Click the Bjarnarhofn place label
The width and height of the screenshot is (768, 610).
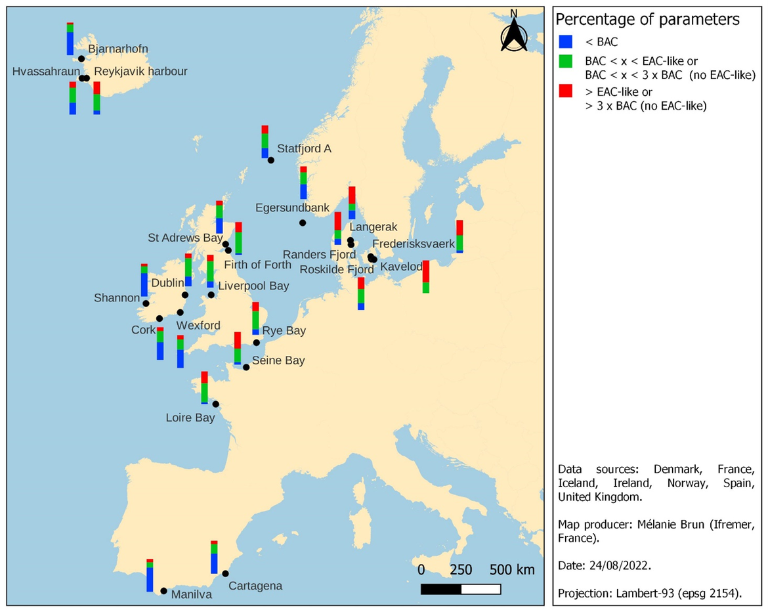[x=117, y=49]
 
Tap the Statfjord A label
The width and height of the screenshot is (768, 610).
[x=304, y=148]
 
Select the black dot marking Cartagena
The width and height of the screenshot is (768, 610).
[x=225, y=573]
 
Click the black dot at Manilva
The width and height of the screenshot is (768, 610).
[x=163, y=591]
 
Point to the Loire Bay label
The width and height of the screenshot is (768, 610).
[x=190, y=418]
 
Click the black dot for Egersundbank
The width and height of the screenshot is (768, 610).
[x=302, y=223]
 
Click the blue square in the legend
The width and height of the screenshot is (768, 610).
[x=565, y=41]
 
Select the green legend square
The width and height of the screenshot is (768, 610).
[x=565, y=61]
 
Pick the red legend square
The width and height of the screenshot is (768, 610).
[x=565, y=91]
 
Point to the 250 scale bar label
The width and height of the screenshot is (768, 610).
[x=461, y=569]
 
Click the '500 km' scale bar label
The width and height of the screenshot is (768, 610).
[x=512, y=569]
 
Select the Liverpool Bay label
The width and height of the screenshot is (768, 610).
[x=253, y=286]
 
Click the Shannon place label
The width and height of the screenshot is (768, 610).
[x=117, y=297]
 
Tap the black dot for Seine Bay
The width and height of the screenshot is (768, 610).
[x=246, y=367]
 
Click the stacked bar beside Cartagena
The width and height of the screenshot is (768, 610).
[x=214, y=557]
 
